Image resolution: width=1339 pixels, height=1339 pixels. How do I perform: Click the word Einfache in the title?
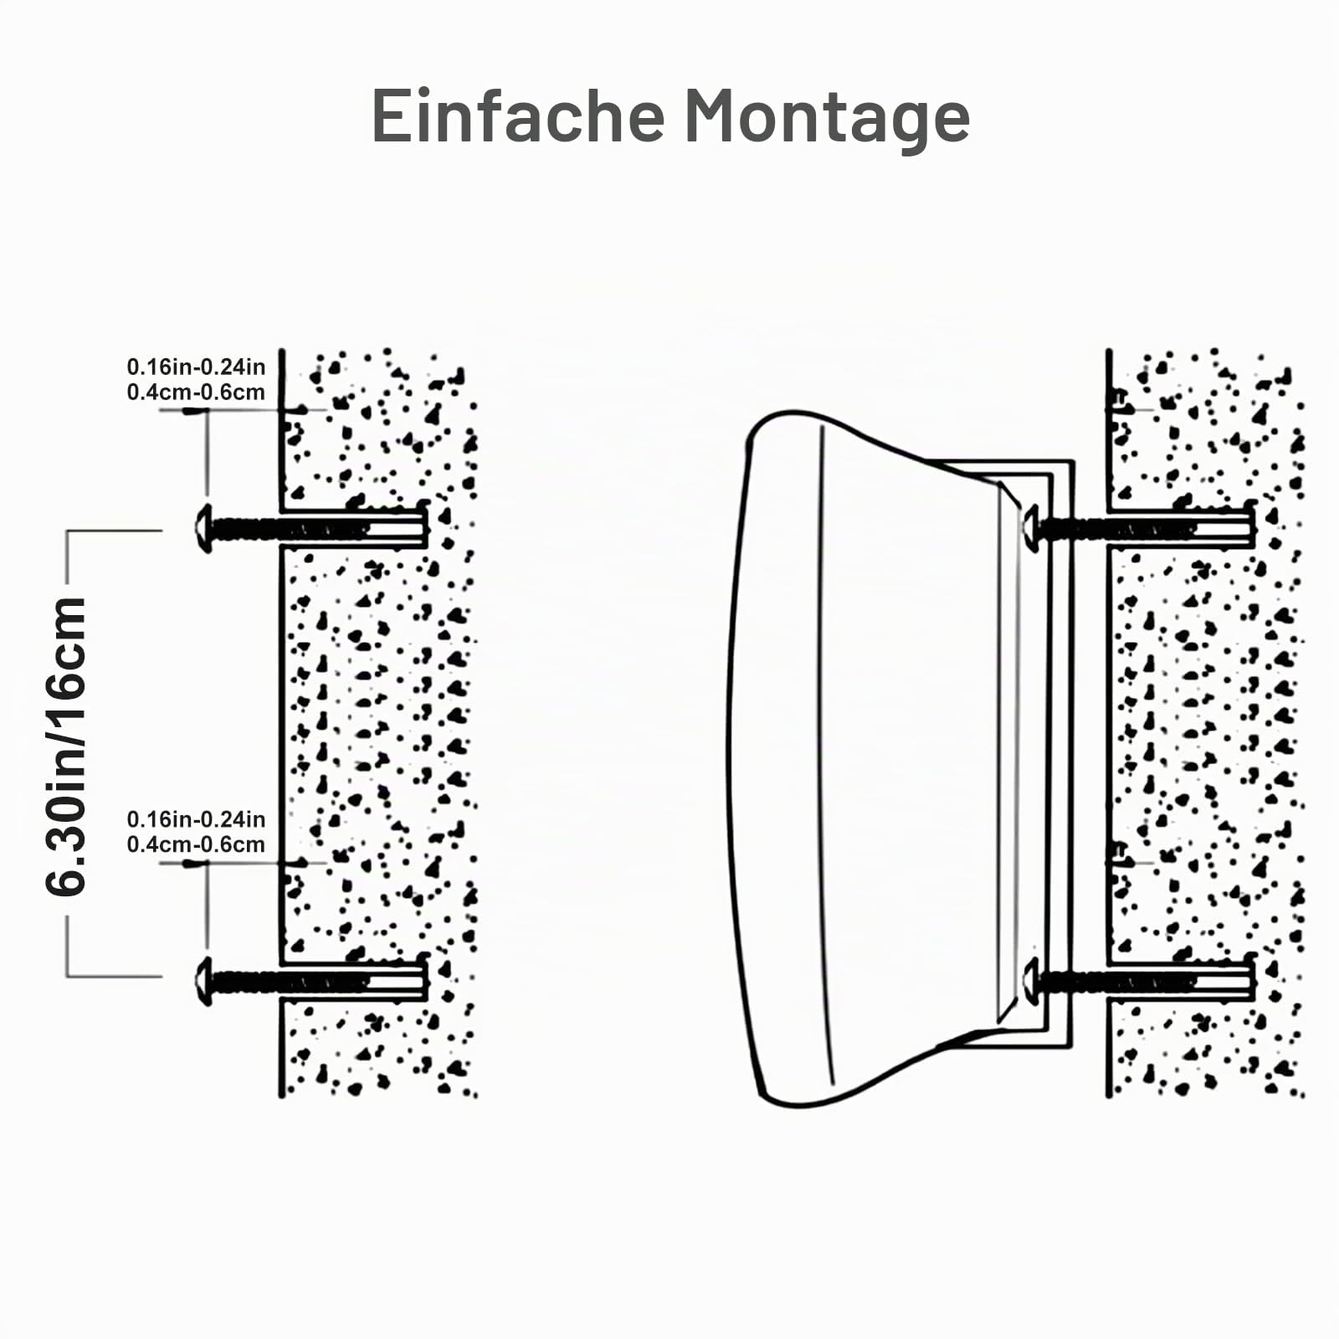pyautogui.click(x=518, y=115)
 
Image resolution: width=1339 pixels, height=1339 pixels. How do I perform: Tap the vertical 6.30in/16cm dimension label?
pyautogui.click(x=66, y=746)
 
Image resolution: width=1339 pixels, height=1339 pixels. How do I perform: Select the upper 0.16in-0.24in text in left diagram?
pyautogui.click(x=196, y=367)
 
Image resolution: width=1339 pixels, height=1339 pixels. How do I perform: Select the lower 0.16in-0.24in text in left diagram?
pyautogui.click(x=196, y=819)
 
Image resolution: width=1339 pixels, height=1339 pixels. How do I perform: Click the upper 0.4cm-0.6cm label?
pyautogui.click(x=196, y=392)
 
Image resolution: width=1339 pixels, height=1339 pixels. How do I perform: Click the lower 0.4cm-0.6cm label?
pyautogui.click(x=196, y=844)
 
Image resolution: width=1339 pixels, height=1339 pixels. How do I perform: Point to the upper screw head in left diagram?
pyautogui.click(x=203, y=529)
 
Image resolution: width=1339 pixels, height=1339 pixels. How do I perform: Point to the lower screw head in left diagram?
pyautogui.click(x=203, y=981)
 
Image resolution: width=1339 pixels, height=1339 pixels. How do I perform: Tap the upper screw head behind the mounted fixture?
pyautogui.click(x=1030, y=529)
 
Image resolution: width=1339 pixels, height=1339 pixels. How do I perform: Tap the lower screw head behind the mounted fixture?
pyautogui.click(x=1030, y=981)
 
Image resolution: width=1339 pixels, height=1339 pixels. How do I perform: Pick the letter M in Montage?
pyautogui.click(x=714, y=115)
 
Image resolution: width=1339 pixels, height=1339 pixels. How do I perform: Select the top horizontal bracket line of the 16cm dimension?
pyautogui.click(x=114, y=531)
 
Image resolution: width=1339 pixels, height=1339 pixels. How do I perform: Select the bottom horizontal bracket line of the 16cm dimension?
pyautogui.click(x=114, y=976)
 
